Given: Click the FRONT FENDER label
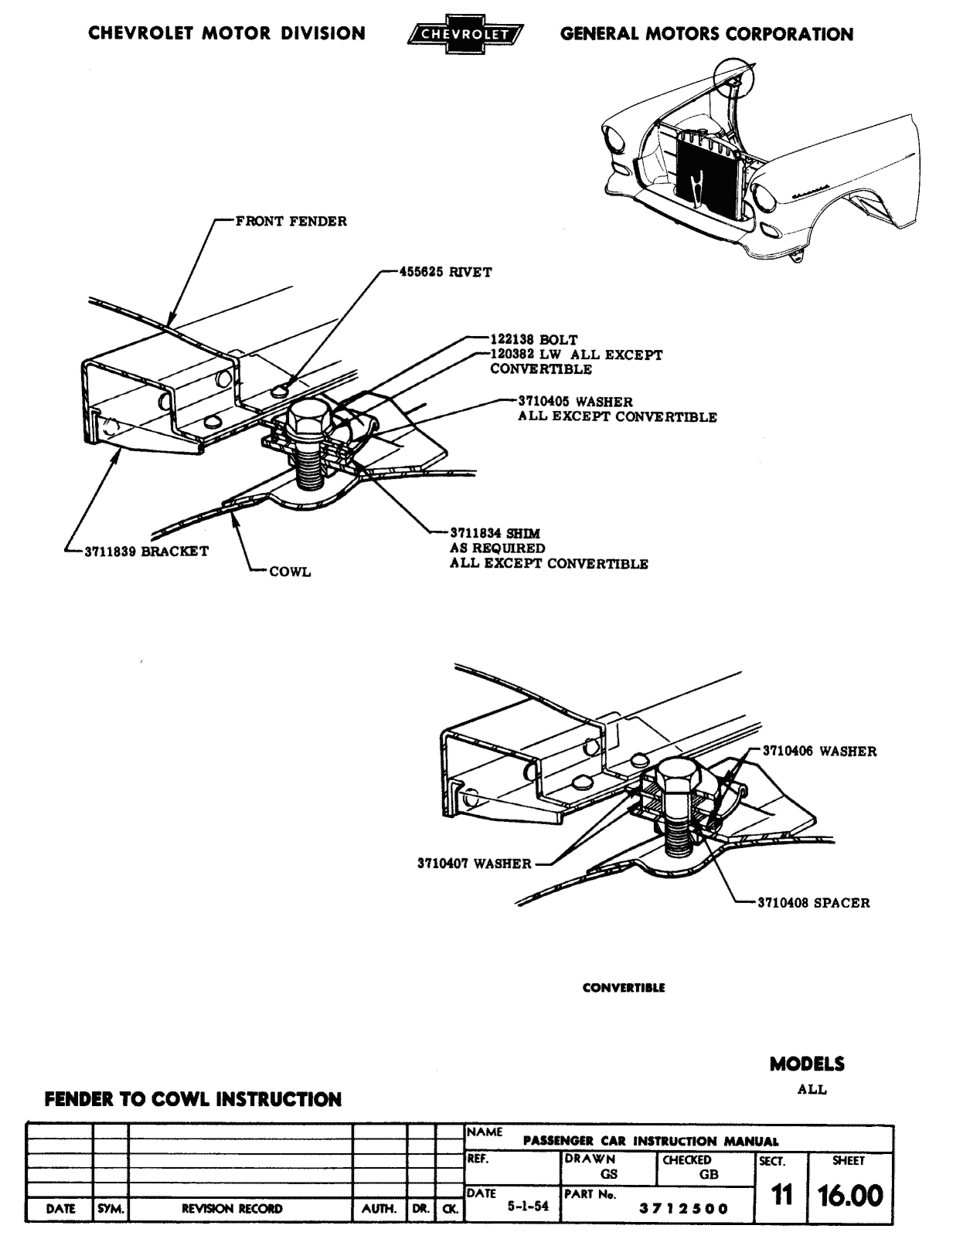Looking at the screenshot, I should click(291, 222).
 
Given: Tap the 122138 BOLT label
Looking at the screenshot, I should click(533, 339).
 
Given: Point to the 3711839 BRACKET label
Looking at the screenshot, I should click(145, 552).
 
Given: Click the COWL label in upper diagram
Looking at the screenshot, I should click(290, 572).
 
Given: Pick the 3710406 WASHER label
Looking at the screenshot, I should click(819, 750).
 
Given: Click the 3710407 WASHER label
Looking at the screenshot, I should click(474, 864).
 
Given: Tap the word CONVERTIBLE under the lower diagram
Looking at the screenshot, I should click(624, 987).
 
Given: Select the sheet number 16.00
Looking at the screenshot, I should click(850, 1196).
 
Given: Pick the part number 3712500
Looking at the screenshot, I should click(683, 1209).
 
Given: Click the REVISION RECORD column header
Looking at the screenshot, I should click(232, 1209).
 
